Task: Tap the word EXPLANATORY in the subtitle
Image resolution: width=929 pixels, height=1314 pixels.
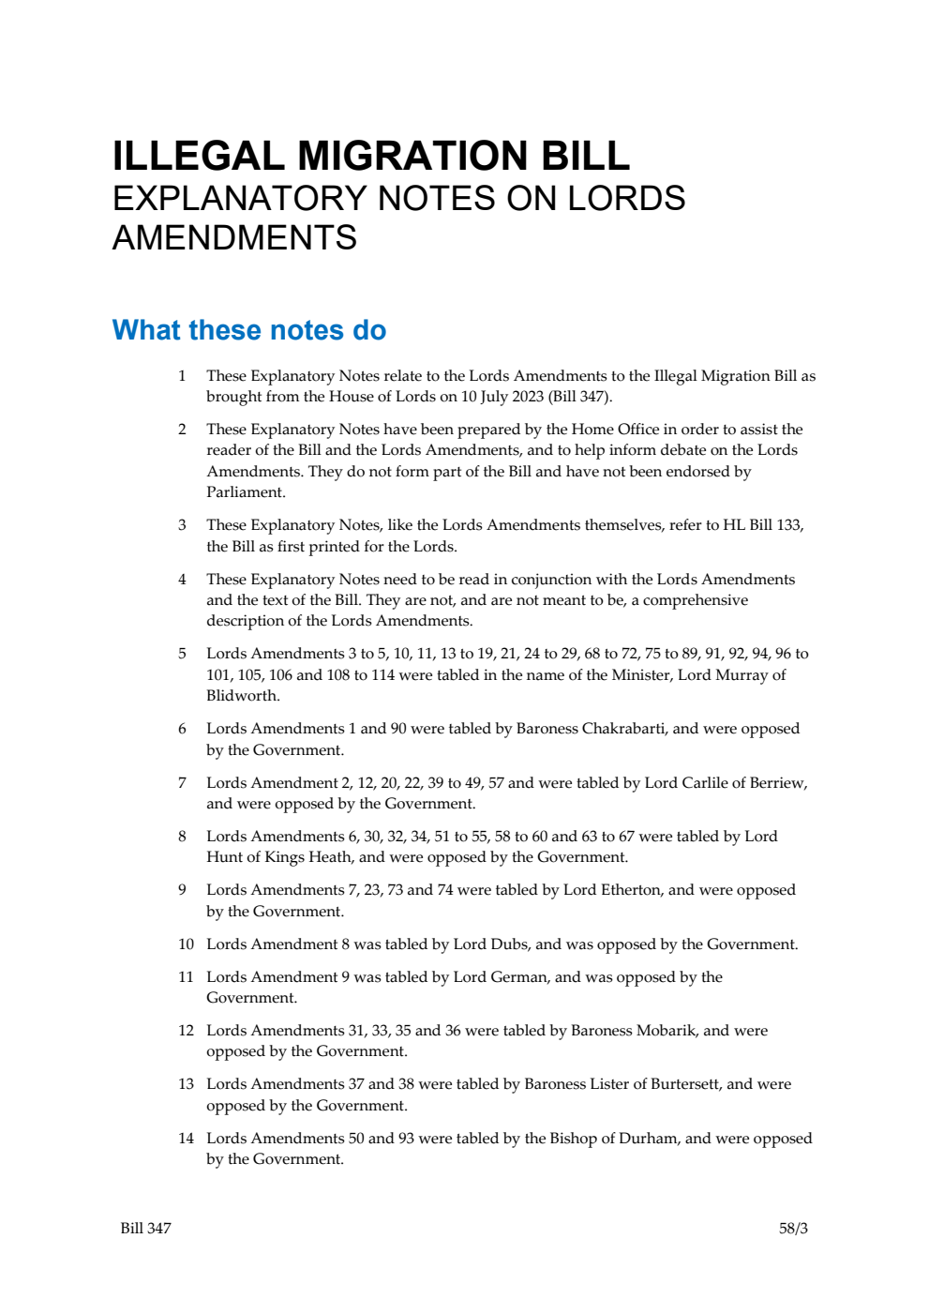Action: point(239,199)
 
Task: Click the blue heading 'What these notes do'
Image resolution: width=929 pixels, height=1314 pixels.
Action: point(249,330)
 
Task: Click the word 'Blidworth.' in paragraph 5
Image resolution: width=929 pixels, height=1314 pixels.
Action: point(243,696)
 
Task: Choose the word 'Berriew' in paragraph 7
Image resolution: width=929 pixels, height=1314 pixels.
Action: point(777,783)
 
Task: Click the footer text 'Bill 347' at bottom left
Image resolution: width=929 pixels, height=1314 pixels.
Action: point(145,1229)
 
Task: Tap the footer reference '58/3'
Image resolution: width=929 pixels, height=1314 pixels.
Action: point(793,1229)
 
